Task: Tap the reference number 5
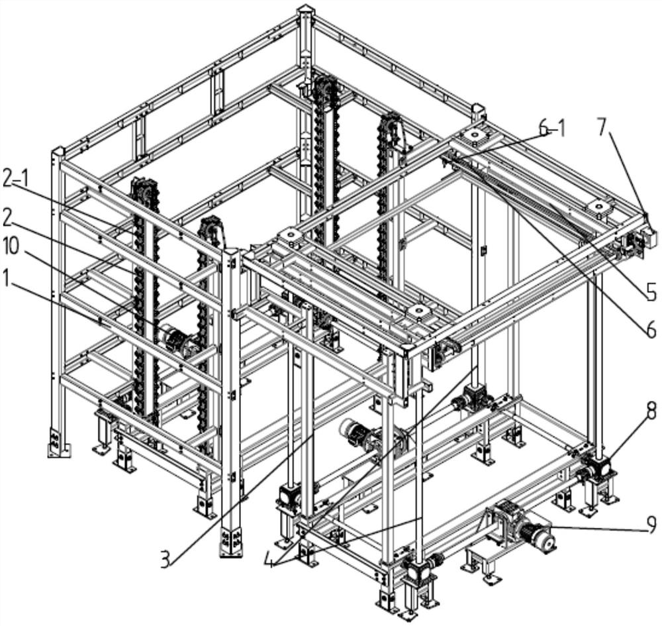coord(651,291)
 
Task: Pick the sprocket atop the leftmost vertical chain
coord(141,188)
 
